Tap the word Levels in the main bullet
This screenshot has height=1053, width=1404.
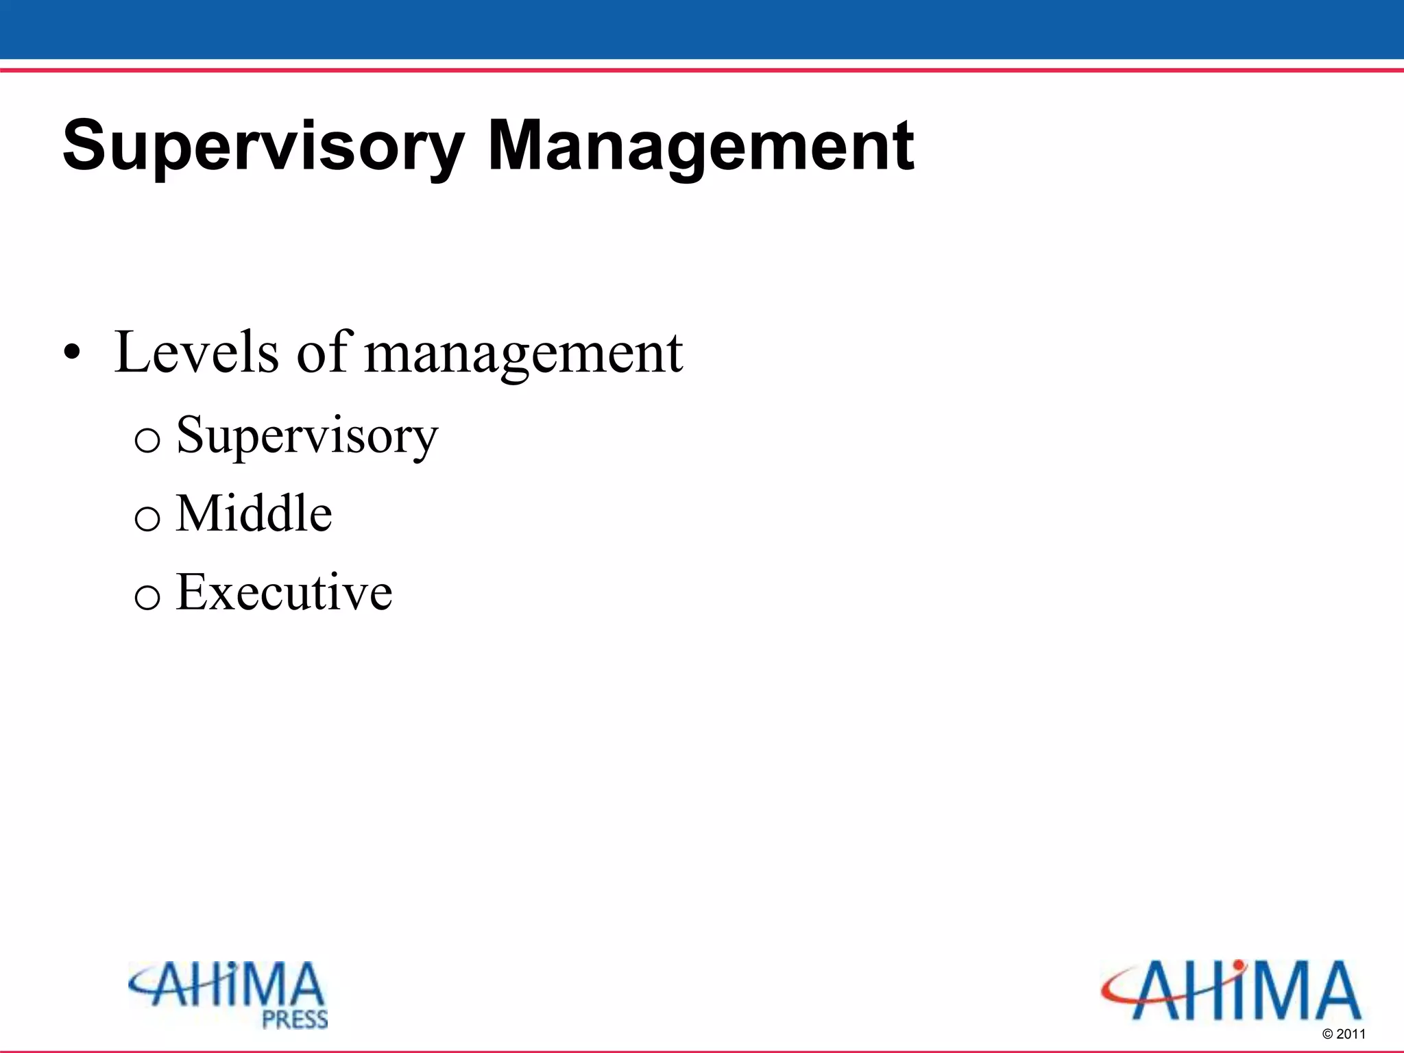click(197, 352)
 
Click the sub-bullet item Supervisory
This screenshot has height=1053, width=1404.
click(306, 436)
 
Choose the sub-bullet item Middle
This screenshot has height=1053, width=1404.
click(254, 513)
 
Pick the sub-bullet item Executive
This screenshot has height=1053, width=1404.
click(284, 592)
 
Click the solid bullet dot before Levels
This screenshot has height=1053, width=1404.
click(72, 354)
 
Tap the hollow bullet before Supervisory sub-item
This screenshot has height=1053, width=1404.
click(147, 439)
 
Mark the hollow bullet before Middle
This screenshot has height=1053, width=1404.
click(147, 518)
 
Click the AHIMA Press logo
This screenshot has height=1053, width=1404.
click(229, 994)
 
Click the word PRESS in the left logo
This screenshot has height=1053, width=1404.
click(295, 1019)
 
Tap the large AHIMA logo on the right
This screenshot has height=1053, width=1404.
click(1231, 991)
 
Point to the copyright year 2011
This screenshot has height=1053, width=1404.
click(1351, 1034)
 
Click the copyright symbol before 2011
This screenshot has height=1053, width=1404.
click(1327, 1034)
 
